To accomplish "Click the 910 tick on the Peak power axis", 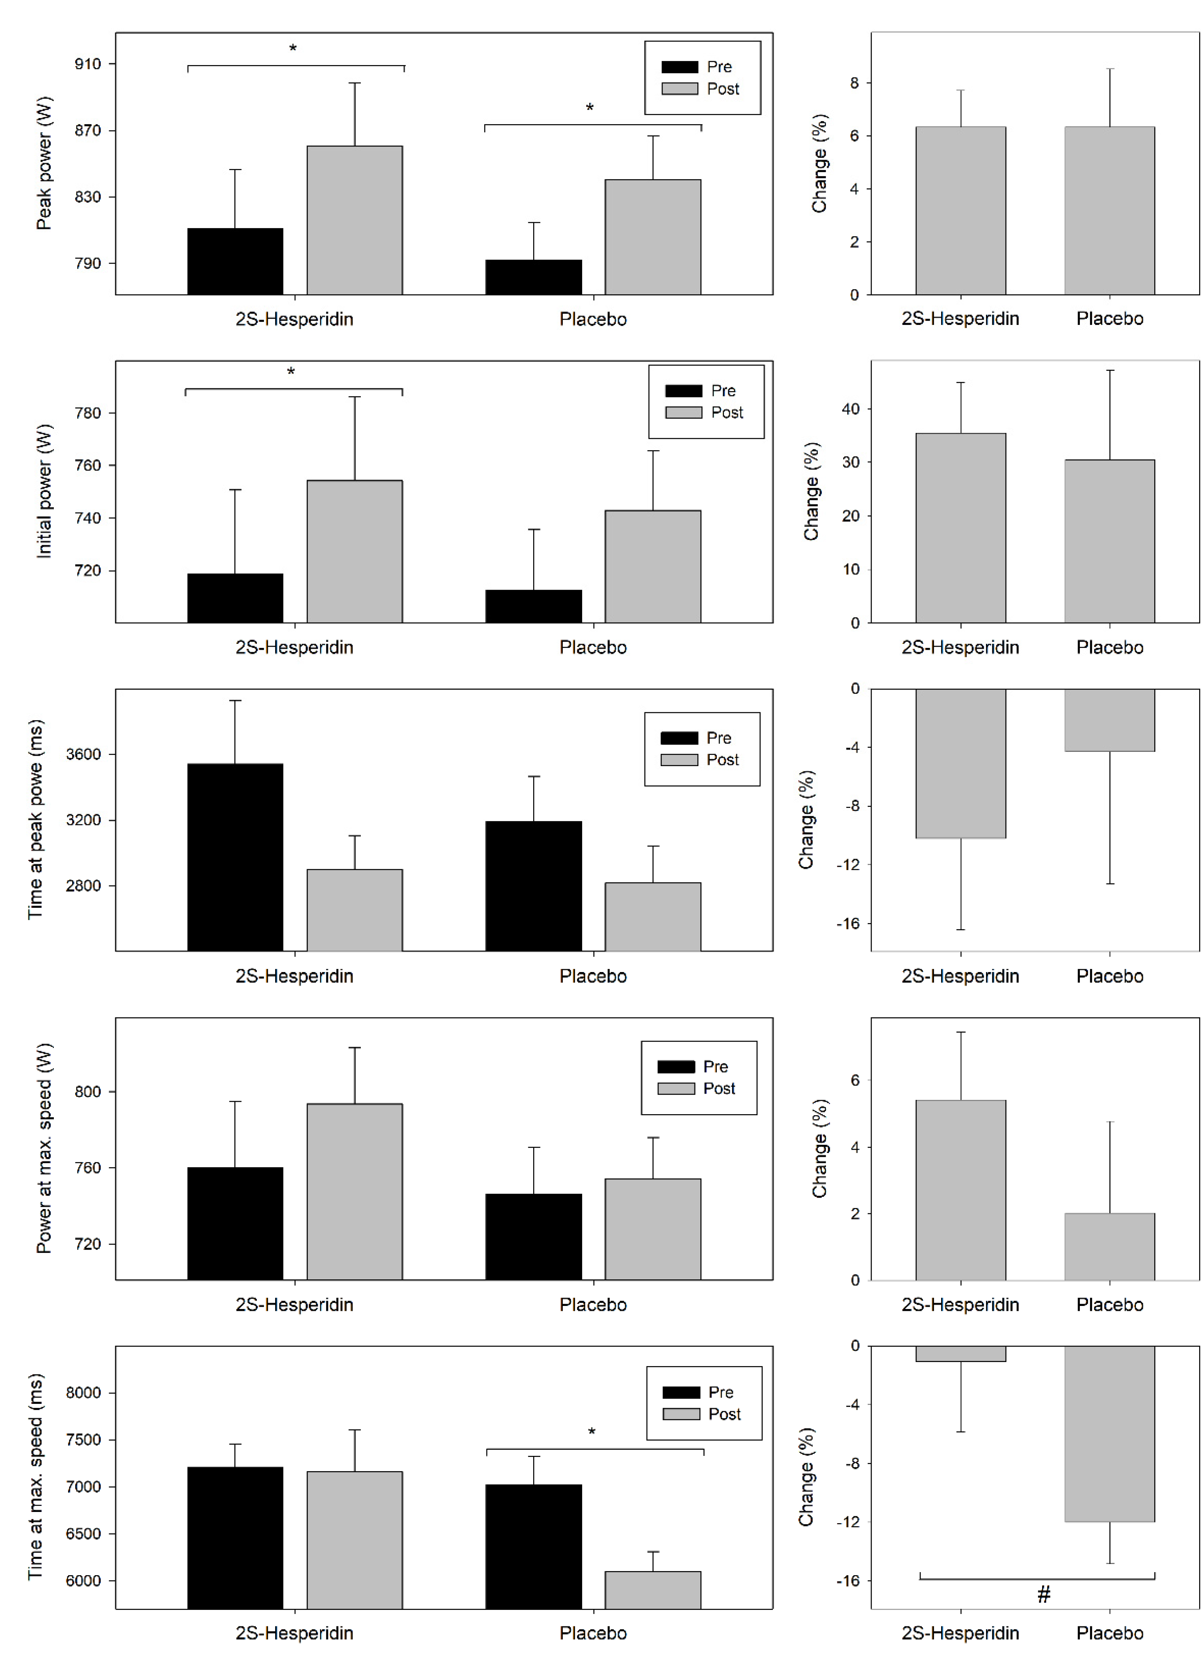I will pos(88,65).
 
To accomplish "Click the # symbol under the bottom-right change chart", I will pos(1044,1594).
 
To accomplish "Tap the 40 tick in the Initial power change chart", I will pos(851,409).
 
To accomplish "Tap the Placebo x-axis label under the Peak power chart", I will pos(593,319).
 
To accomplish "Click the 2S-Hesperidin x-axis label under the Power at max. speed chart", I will pos(294,1304).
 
